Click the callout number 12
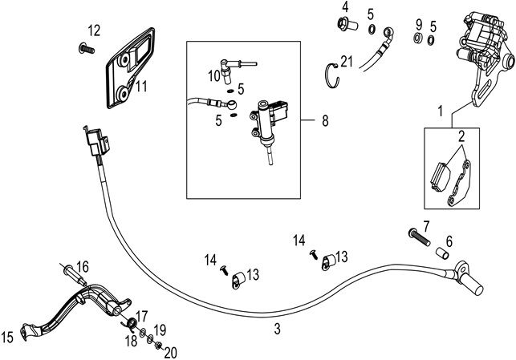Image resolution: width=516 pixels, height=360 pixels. click(x=94, y=30)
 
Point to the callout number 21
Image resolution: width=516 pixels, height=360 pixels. click(x=346, y=61)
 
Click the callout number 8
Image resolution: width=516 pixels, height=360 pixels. click(x=325, y=121)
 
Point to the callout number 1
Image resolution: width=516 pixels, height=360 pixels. click(x=440, y=107)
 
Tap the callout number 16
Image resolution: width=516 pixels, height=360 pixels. click(x=82, y=266)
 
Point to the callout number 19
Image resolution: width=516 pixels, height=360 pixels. click(x=160, y=330)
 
